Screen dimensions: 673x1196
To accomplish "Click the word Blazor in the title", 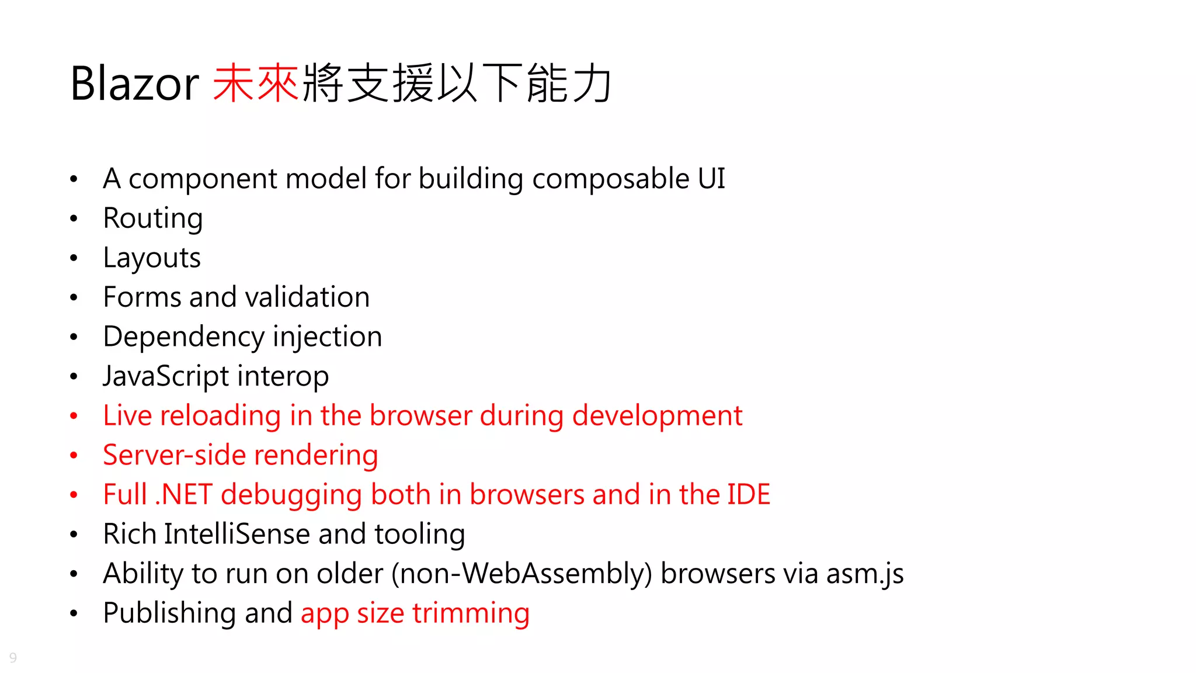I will tap(134, 84).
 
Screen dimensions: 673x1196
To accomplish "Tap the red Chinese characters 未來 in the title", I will tap(256, 84).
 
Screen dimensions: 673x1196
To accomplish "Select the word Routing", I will tap(153, 219).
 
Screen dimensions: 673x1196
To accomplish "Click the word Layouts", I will tap(152, 258).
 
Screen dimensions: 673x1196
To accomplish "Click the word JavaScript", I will tap(166, 377).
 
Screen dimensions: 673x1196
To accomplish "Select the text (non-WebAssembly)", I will tap(521, 574).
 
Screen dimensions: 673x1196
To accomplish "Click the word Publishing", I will tap(169, 613).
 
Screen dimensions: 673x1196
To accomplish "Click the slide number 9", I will tap(13, 658).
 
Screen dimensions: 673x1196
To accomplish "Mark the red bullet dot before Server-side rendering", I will tap(74, 456).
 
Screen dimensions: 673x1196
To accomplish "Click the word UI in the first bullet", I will tap(711, 179).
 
